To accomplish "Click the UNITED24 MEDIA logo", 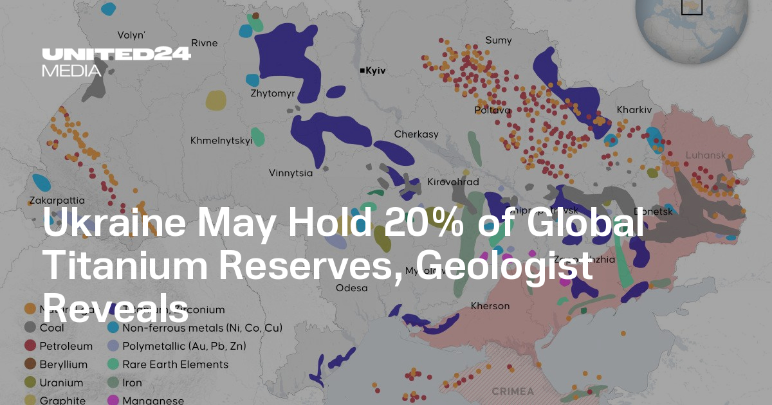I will click(116, 62).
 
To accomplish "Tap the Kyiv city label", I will click(375, 71).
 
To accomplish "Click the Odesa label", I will click(352, 288).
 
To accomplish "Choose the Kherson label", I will click(490, 306).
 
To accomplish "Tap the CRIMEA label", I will click(513, 391).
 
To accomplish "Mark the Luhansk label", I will click(706, 156).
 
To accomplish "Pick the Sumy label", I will click(499, 40).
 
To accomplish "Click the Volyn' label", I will click(131, 35).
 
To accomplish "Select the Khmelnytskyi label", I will click(221, 141).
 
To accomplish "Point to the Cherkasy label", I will click(416, 134).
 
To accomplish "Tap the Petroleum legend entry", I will click(66, 346).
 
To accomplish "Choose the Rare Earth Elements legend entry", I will click(175, 364).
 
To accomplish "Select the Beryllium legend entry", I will click(63, 364).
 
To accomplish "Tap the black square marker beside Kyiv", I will click(362, 71).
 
